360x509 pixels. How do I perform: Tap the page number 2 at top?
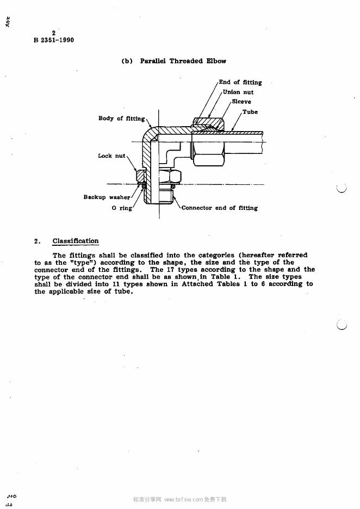tap(53, 33)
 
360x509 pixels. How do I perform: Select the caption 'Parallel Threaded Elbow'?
tap(183, 61)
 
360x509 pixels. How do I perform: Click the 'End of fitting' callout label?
tap(240, 83)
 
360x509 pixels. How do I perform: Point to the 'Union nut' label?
tap(238, 92)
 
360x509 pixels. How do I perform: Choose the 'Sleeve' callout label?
tap(241, 102)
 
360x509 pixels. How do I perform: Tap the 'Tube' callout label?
tap(250, 112)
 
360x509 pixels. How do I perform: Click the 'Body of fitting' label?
tap(121, 119)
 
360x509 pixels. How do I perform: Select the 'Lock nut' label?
tap(111, 156)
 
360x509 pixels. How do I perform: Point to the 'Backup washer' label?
tap(107, 197)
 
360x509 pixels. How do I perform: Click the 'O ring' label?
tap(122, 208)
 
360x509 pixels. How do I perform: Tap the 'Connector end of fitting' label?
tap(219, 208)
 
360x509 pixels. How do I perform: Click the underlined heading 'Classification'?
tap(76, 241)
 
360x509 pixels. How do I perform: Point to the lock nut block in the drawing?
tap(139, 177)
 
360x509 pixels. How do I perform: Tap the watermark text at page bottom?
tap(180, 499)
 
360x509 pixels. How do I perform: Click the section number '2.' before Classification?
tap(37, 241)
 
